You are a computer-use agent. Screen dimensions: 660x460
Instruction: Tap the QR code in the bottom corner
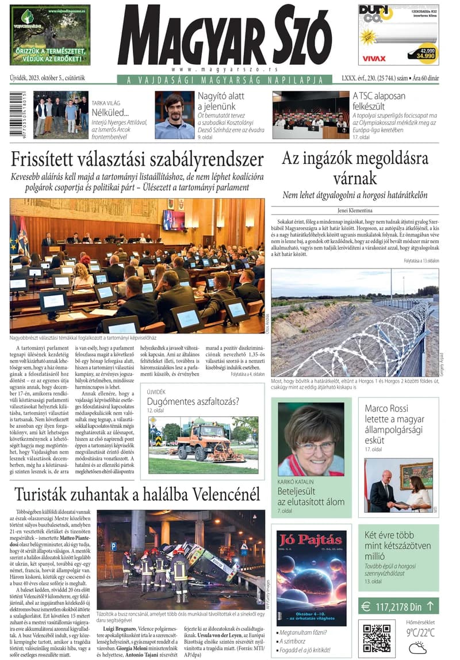pyautogui.click(x=377, y=636)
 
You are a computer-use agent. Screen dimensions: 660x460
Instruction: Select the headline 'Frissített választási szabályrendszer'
pyautogui.click(x=137, y=160)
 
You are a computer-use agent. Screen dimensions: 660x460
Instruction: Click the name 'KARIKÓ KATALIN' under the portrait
pyautogui.click(x=297, y=481)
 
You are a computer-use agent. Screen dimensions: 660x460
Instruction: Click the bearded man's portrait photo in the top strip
pyautogui.click(x=174, y=115)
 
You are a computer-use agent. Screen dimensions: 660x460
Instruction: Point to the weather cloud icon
pyautogui.click(x=417, y=647)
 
